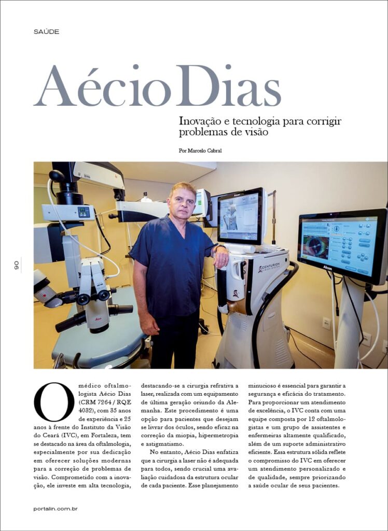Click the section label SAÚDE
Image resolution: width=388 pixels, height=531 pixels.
(46, 32)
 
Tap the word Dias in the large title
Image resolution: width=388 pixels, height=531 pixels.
(228, 87)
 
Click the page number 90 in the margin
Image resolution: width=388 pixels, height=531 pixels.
(16, 265)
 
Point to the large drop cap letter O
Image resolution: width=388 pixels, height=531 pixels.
(54, 402)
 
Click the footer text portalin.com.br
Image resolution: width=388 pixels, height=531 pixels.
(56, 509)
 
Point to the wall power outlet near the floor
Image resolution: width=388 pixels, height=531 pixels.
(326, 323)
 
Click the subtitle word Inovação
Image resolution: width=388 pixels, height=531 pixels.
(200, 121)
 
